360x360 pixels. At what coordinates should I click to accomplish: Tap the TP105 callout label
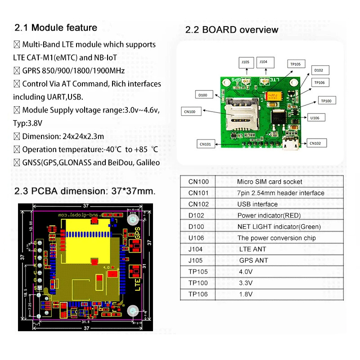tap(295, 64)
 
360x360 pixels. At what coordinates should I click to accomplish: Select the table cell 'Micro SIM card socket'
tap(270, 182)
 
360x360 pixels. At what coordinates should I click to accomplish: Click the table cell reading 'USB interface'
tap(257, 204)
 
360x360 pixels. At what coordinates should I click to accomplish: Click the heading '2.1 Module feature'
tap(56, 27)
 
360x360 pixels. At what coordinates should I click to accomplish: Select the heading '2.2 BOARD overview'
tap(232, 30)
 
